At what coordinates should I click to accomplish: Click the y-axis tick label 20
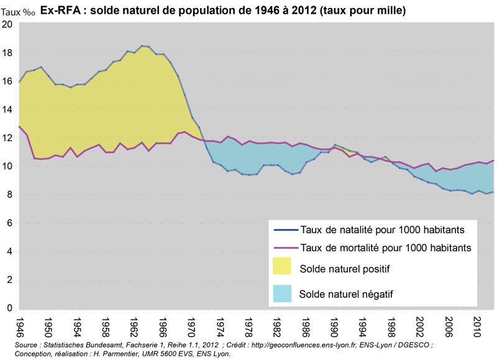tap(7, 24)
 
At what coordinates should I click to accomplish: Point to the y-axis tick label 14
tap(7, 109)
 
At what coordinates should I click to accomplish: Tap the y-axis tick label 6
tap(9, 223)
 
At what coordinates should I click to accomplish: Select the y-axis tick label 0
tap(9, 308)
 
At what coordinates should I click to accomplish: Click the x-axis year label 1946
tap(20, 327)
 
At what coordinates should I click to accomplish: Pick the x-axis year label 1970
tap(191, 327)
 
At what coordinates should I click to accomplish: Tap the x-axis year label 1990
tap(334, 327)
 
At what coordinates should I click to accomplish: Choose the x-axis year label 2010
tap(478, 327)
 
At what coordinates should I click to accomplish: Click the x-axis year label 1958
tap(106, 327)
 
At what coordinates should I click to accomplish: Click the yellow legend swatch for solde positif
tap(283, 268)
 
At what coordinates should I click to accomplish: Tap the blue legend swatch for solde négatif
tap(283, 293)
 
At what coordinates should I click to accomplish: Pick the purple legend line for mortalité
tap(283, 247)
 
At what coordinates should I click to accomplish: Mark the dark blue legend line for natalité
tap(283, 229)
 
